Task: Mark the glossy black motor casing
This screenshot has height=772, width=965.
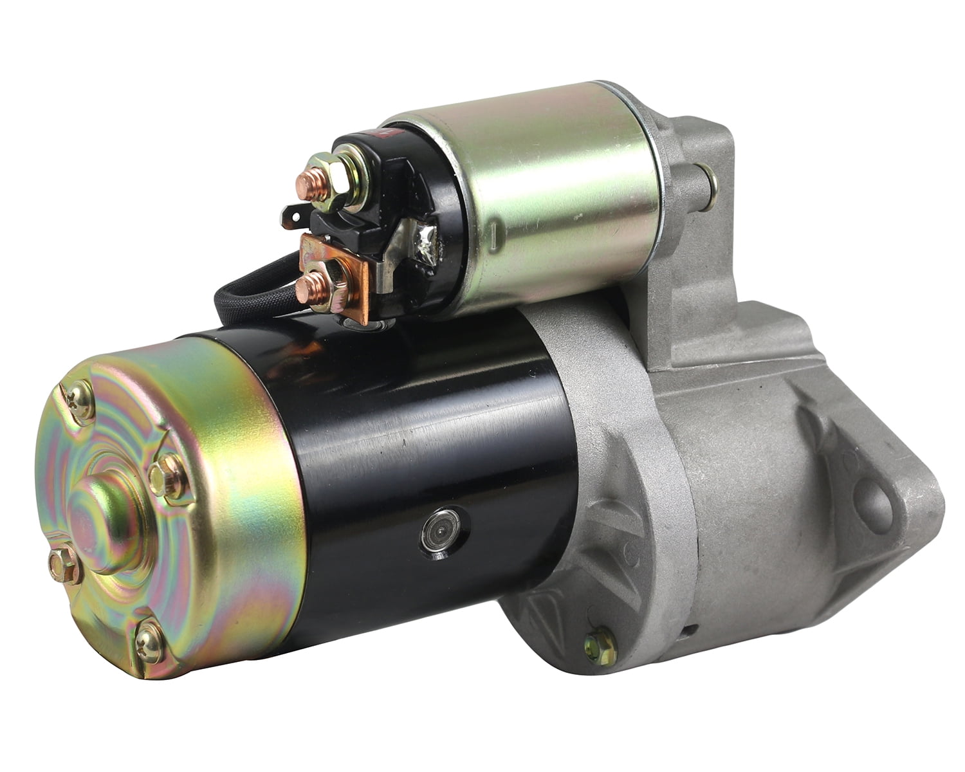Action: pos(425,437)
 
